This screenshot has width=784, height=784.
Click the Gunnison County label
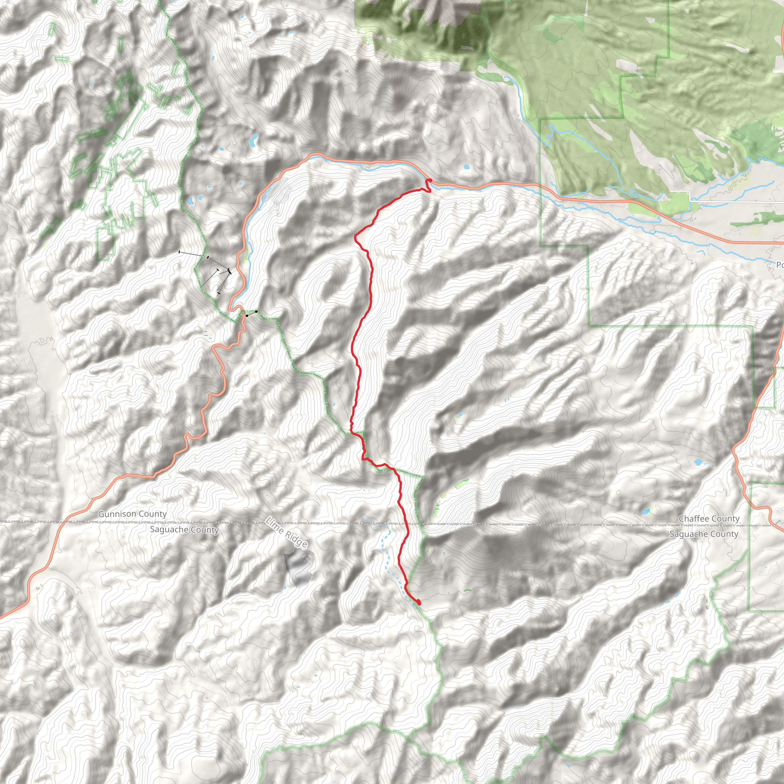132,514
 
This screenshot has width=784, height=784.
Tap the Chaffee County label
709,518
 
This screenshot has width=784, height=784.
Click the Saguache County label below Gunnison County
184,529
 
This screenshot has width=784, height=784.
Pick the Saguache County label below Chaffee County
704,534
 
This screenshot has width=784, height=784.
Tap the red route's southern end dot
418,603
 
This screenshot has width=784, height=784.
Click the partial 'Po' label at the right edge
779,265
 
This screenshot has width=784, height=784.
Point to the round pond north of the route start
466,167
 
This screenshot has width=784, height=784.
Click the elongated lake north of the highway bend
253,140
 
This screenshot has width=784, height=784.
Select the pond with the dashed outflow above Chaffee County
698,462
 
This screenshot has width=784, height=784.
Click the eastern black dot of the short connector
256,311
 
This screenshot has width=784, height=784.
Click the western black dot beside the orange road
247,315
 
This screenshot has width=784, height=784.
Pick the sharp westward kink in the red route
356,236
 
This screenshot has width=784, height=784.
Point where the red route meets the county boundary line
406,523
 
